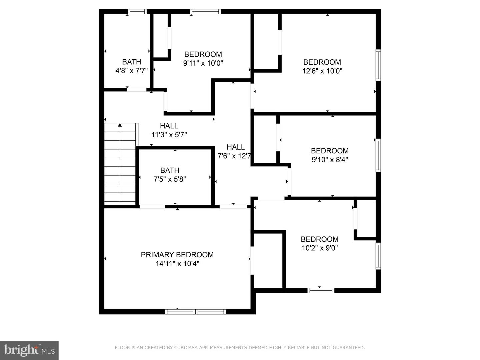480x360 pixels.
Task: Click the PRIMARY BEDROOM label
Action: click(x=177, y=255)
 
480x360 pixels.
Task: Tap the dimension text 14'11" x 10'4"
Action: click(x=177, y=264)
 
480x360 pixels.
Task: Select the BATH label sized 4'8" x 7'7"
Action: click(x=131, y=62)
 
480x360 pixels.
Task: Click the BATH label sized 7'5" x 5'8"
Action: click(x=170, y=170)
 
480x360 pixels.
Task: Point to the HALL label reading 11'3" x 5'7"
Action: click(x=169, y=126)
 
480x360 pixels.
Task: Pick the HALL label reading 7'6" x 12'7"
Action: click(x=236, y=147)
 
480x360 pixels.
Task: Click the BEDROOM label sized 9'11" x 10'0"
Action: click(x=203, y=54)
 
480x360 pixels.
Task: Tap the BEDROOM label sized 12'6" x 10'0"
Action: click(x=322, y=62)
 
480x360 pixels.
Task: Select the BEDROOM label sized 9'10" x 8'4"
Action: click(x=330, y=151)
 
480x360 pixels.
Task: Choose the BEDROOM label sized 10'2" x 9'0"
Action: click(x=319, y=239)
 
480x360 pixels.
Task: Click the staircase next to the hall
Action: click(x=120, y=165)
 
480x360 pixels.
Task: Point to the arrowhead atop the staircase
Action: click(x=120, y=125)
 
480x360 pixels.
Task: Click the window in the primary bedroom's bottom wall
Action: click(x=196, y=312)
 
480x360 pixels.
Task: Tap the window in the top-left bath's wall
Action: click(x=137, y=12)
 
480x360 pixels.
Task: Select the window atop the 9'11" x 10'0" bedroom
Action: click(x=205, y=12)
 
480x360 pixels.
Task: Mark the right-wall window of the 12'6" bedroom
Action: click(x=378, y=65)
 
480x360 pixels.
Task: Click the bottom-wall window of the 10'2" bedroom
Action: click(x=321, y=290)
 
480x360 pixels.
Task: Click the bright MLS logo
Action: click(x=29, y=350)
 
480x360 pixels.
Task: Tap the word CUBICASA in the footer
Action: click(x=185, y=348)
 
